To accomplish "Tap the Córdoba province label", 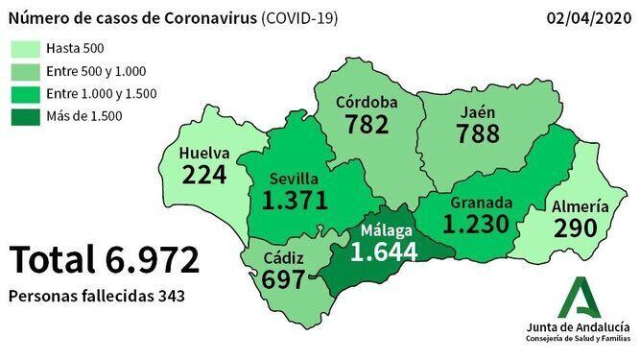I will point(367,103).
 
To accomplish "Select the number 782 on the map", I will point(367,125).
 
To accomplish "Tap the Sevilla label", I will point(295,179).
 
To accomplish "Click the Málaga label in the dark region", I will point(387,231).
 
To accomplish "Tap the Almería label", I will point(580,206).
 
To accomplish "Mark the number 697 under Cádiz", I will point(283,280).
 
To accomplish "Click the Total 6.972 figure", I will point(105,260).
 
